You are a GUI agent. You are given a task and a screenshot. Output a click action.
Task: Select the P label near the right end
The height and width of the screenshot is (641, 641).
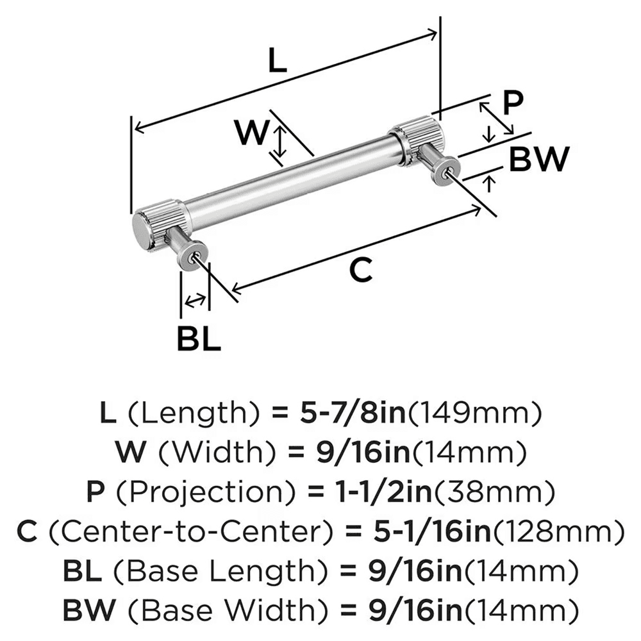point(512,103)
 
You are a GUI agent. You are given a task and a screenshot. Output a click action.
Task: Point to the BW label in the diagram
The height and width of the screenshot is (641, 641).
point(538,160)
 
